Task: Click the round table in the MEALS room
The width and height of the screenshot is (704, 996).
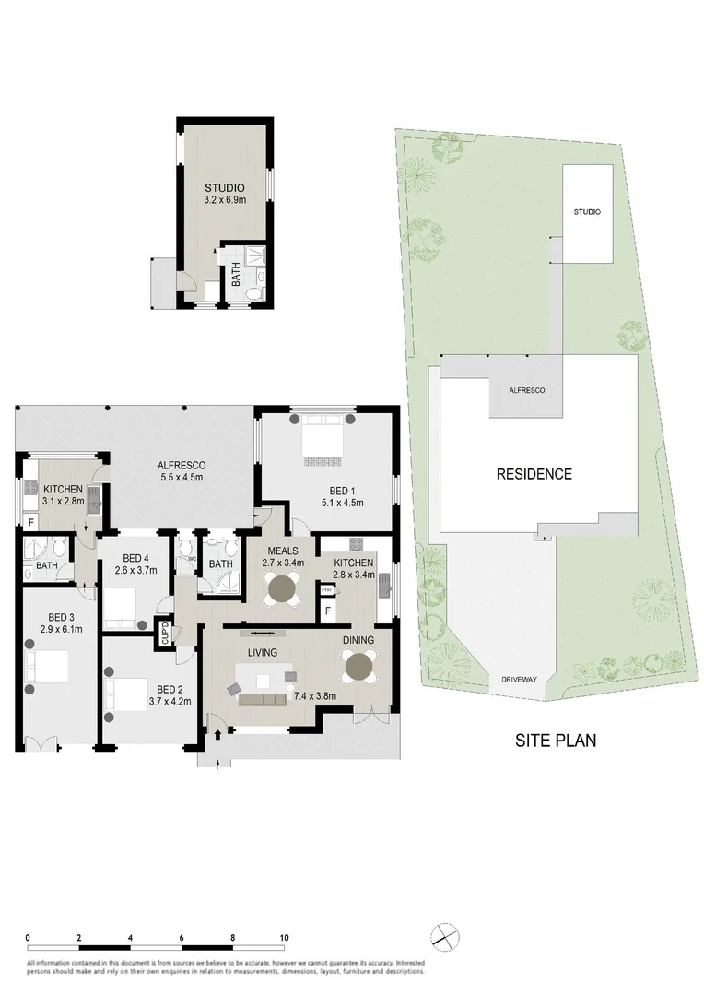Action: [x=281, y=587]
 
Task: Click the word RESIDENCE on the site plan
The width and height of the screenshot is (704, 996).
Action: [x=534, y=475]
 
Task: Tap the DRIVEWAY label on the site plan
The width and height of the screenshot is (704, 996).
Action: [x=518, y=679]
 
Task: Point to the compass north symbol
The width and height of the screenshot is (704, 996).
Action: [x=443, y=933]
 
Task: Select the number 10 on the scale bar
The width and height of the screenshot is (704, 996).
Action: [x=284, y=937]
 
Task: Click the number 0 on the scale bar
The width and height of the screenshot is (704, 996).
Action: [x=29, y=937]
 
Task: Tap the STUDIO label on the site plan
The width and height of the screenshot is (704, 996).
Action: [x=586, y=212]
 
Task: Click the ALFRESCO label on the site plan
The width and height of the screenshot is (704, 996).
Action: [x=527, y=391]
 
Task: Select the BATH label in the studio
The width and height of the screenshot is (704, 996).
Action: [x=236, y=274]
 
